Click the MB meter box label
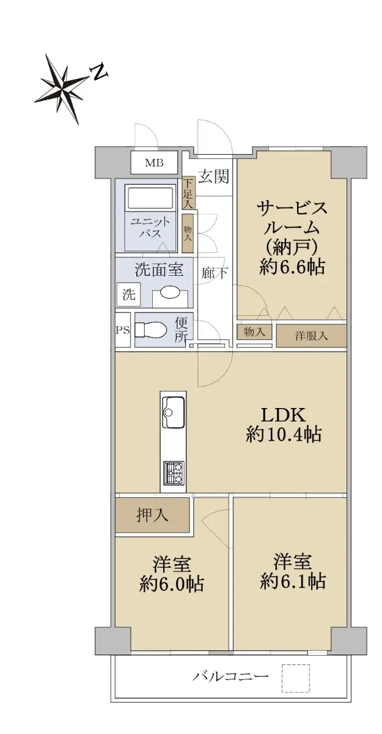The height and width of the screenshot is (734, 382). (154, 163)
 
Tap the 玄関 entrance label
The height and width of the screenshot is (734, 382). (214, 177)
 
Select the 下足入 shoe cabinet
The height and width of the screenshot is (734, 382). (188, 194)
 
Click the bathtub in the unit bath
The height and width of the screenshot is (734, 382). (150, 198)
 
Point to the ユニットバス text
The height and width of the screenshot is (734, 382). (150, 228)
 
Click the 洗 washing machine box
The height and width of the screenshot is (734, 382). (128, 294)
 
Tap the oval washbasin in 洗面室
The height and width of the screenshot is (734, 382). (170, 292)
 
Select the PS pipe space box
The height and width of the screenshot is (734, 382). (123, 329)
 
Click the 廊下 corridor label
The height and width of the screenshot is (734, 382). (215, 272)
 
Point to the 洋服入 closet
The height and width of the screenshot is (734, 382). (311, 336)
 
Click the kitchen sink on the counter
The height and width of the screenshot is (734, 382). (173, 412)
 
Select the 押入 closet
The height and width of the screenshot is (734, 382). (152, 515)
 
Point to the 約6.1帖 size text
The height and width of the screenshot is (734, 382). (293, 581)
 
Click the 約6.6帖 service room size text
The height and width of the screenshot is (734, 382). (292, 267)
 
